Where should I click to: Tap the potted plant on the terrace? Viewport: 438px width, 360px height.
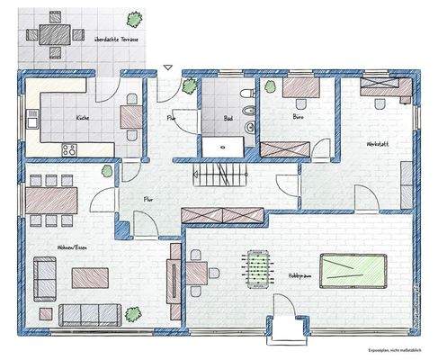click(x=135, y=18)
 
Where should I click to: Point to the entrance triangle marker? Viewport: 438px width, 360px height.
click(x=168, y=67)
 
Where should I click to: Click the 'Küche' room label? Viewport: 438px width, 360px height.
click(x=82, y=118)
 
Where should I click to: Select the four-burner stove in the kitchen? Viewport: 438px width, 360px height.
click(x=67, y=148)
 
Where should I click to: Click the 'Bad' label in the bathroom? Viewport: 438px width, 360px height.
click(x=228, y=118)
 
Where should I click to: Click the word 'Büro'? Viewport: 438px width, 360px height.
click(x=299, y=118)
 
